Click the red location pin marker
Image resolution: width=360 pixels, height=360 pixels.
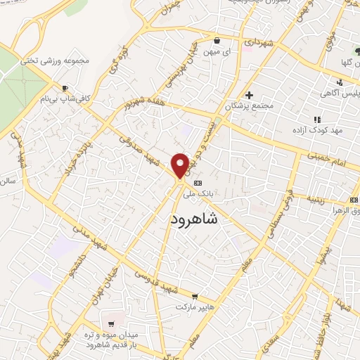[180, 165]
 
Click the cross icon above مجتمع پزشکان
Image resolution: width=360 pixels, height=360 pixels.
[249, 95]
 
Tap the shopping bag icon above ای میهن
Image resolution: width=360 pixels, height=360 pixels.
[216, 40]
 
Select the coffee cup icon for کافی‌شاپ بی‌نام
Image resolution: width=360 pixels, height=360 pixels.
[66, 89]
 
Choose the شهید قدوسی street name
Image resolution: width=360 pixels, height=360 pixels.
[157, 281]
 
